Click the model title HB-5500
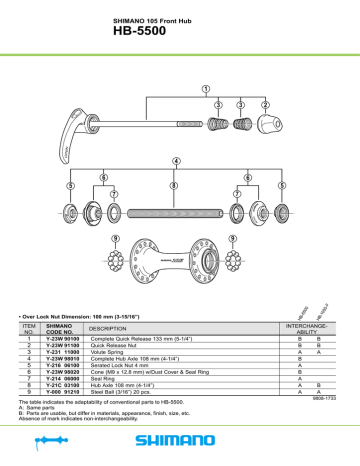pyautogui.click(x=180, y=32)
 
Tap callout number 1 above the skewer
pyautogui.click(x=206, y=88)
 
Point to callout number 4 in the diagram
pyautogui.click(x=177, y=163)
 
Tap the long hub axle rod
pyautogui.click(x=175, y=212)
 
